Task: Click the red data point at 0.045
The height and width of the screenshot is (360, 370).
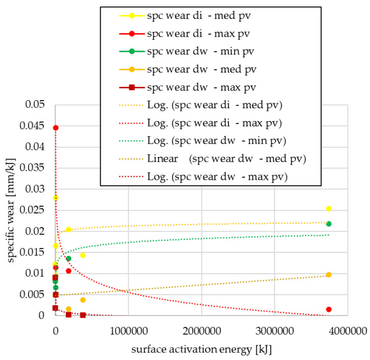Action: pyautogui.click(x=56, y=128)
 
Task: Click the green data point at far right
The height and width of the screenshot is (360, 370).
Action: pyautogui.click(x=329, y=224)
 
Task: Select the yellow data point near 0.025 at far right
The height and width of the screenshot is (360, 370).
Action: pyautogui.click(x=329, y=208)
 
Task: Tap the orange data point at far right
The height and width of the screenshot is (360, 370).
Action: pyautogui.click(x=329, y=275)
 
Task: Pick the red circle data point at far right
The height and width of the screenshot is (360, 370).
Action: pyautogui.click(x=329, y=309)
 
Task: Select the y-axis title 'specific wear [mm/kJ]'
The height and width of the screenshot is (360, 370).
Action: pyautogui.click(x=11, y=210)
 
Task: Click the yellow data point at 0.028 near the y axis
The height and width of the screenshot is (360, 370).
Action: pyautogui.click(x=56, y=198)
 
